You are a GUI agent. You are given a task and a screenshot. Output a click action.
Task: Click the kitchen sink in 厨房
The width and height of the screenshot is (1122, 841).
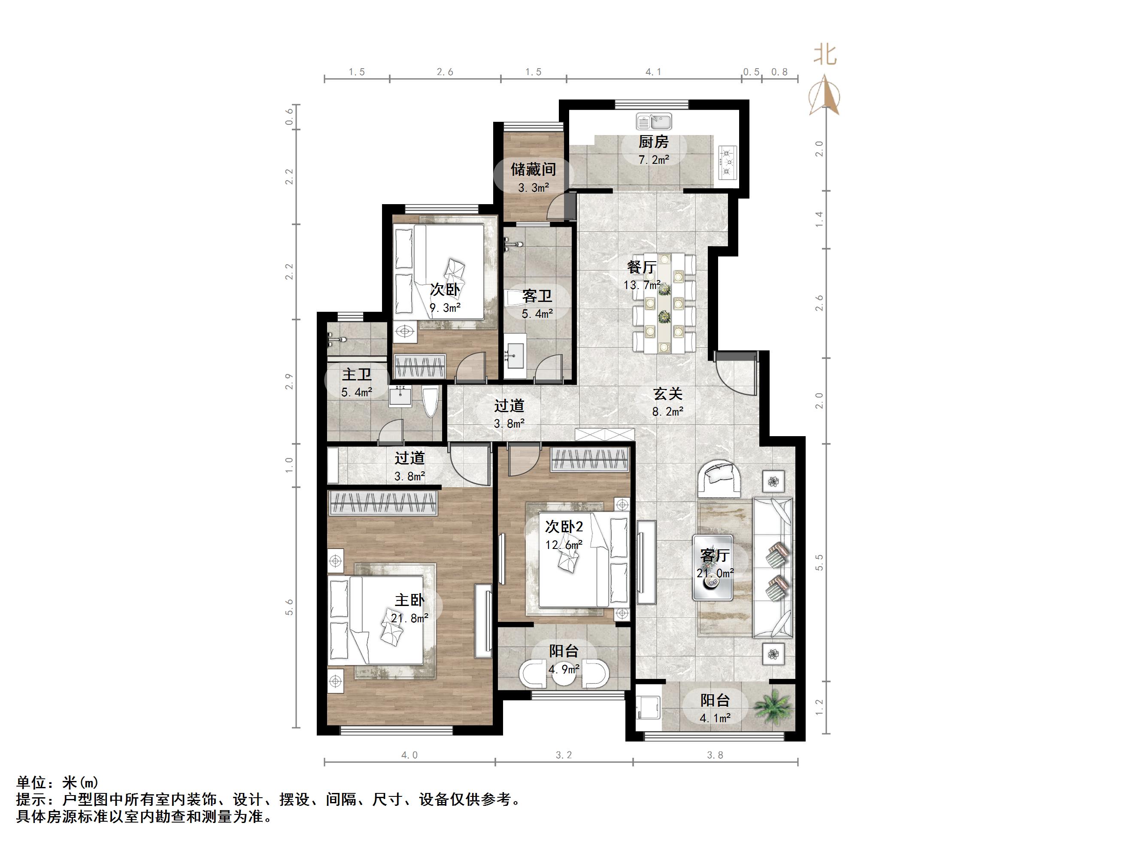[x=654, y=122]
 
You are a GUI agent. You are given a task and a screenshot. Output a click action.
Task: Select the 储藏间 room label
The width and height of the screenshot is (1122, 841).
[x=533, y=169]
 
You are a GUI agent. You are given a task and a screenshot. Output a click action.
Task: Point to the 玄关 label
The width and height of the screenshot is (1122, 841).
[x=667, y=393]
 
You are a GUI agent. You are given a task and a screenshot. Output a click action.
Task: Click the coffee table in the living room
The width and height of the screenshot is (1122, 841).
[x=713, y=568]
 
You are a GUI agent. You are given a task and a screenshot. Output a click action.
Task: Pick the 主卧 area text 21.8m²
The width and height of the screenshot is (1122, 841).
[x=409, y=618]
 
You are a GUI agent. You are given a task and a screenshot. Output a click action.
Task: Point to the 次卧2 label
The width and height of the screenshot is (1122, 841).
[x=564, y=527]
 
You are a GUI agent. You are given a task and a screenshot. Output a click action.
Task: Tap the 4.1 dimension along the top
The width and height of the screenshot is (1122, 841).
[x=653, y=72]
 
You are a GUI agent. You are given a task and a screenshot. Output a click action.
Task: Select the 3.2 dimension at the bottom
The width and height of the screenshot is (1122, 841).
[x=564, y=755]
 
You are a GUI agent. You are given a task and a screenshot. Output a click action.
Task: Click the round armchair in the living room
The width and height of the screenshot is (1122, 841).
[x=719, y=478]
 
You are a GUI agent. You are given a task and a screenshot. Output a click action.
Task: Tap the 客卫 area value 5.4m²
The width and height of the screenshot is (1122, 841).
[x=537, y=314]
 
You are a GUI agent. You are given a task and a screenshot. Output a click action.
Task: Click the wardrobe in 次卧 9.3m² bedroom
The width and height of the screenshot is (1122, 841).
[x=420, y=366]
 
